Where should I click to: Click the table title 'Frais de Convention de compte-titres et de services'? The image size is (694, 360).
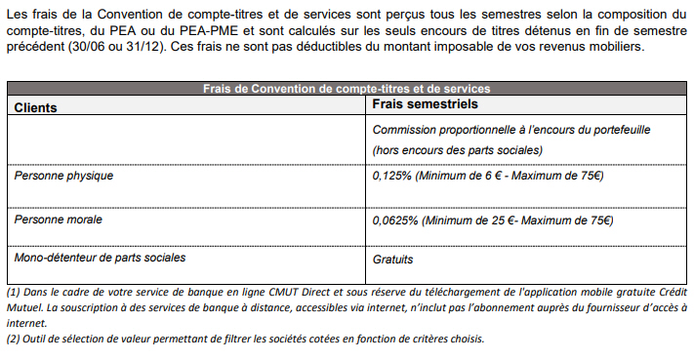347,88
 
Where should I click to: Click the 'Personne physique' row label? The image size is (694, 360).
63,177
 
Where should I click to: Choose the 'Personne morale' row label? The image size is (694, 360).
59,220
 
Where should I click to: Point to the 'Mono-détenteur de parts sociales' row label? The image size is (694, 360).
100,258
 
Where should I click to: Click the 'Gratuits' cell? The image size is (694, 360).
393,260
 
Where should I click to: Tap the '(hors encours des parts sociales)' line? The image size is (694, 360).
457,150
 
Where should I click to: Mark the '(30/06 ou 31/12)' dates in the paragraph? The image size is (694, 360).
104,48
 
